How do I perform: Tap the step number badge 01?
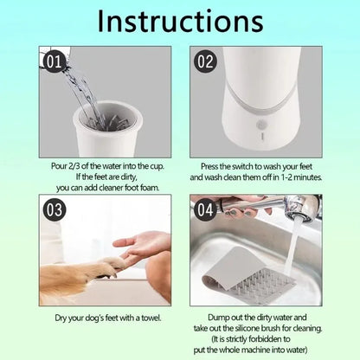(54, 62)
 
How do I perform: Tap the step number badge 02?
(206, 62)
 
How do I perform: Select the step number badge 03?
(54, 209)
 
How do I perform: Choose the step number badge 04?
(206, 209)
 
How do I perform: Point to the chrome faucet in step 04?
(294, 209)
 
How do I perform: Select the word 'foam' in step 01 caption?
(142, 176)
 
